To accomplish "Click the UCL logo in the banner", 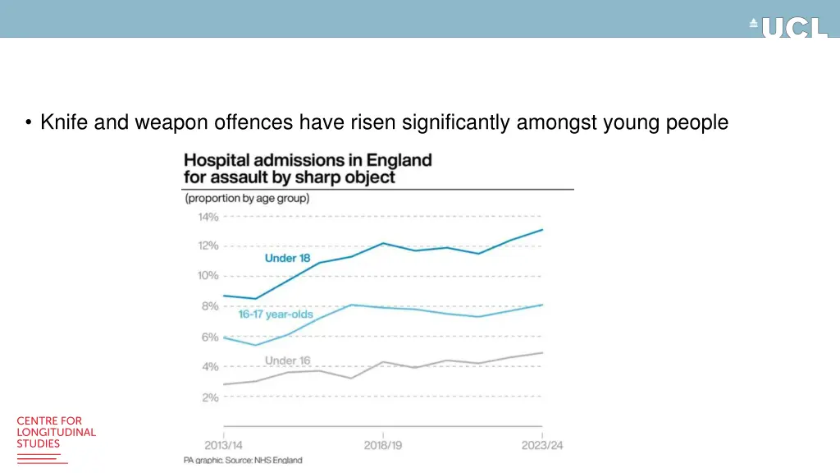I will (x=789, y=27).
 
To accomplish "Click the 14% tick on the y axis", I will (x=208, y=217).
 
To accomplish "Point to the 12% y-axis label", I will (x=208, y=246).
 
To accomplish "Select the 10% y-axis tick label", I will (x=208, y=276).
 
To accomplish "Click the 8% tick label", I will (x=210, y=306).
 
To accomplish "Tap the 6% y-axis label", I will (x=210, y=337).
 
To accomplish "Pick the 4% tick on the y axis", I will (x=210, y=367).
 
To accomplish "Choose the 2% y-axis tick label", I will (x=210, y=397).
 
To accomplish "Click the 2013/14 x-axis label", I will (x=223, y=446).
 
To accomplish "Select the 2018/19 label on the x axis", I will (x=383, y=446).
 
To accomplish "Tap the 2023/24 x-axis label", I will (x=542, y=446).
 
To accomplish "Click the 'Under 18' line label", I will (x=287, y=258).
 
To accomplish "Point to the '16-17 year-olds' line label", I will (x=276, y=315).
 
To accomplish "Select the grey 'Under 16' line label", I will (x=287, y=360).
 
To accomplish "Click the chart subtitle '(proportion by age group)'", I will (x=246, y=199).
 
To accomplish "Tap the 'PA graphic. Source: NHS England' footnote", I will (x=243, y=461).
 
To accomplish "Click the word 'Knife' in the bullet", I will (x=63, y=123).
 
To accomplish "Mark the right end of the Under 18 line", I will (x=542, y=230).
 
